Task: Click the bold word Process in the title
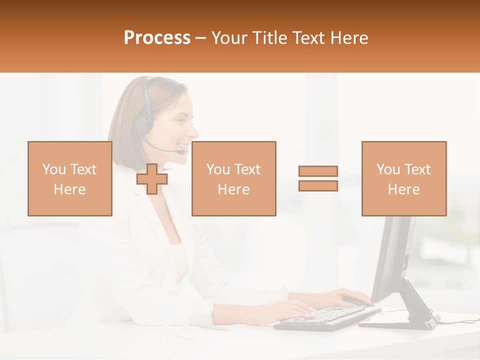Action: pyautogui.click(x=157, y=38)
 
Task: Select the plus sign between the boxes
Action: pyautogui.click(x=152, y=179)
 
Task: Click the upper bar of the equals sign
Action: pyautogui.click(x=318, y=171)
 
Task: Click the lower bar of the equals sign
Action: pyautogui.click(x=318, y=185)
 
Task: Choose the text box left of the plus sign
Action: pyautogui.click(x=69, y=178)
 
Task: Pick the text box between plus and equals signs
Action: pyautogui.click(x=233, y=178)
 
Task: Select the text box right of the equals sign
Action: pyautogui.click(x=403, y=178)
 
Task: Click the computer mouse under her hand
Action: pyautogui.click(x=355, y=301)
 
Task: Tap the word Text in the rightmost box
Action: pyautogui.click(x=417, y=169)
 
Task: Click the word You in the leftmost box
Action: pyautogui.click(x=54, y=169)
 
